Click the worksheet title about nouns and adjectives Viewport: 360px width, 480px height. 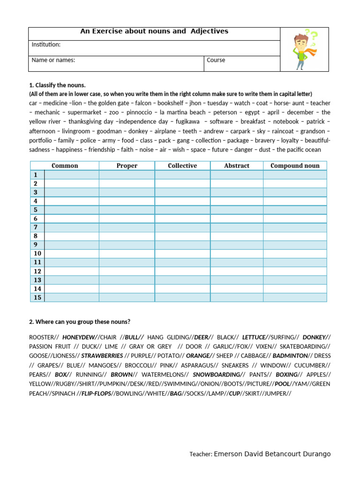click(154, 31)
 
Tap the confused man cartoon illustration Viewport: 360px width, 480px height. click(304, 50)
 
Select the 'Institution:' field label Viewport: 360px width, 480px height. click(46, 45)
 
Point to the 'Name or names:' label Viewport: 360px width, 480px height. click(53, 60)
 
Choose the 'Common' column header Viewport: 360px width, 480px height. click(65, 165)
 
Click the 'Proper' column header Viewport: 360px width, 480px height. click(127, 165)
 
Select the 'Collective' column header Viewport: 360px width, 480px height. click(182, 165)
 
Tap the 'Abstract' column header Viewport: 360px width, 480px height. click(237, 165)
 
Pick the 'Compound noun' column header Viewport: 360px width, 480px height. click(295, 165)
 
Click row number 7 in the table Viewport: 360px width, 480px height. click(36, 227)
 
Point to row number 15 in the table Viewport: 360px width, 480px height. click(37, 298)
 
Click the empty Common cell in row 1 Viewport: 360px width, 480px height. click(72, 175)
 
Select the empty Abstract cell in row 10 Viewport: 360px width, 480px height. click(237, 254)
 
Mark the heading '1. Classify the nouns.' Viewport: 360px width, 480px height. click(57, 85)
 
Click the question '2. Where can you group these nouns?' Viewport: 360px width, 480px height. click(80, 322)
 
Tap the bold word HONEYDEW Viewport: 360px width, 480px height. click(78, 337)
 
